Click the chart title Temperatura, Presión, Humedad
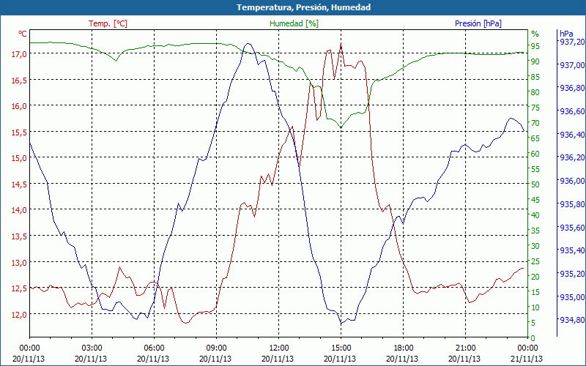[x=293, y=7]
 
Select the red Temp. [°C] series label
[x=108, y=23]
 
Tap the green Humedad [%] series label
[x=294, y=23]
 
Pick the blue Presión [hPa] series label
[x=478, y=23]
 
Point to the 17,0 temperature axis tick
[x=18, y=54]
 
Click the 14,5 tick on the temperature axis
[x=18, y=184]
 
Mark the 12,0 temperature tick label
[x=18, y=315]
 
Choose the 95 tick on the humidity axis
[x=535, y=46]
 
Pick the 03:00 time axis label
[x=92, y=348]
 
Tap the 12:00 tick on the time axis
[x=279, y=348]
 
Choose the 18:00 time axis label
[x=404, y=348]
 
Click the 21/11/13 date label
[x=528, y=359]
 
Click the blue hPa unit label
[x=565, y=34]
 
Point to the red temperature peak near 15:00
[x=341, y=45]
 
